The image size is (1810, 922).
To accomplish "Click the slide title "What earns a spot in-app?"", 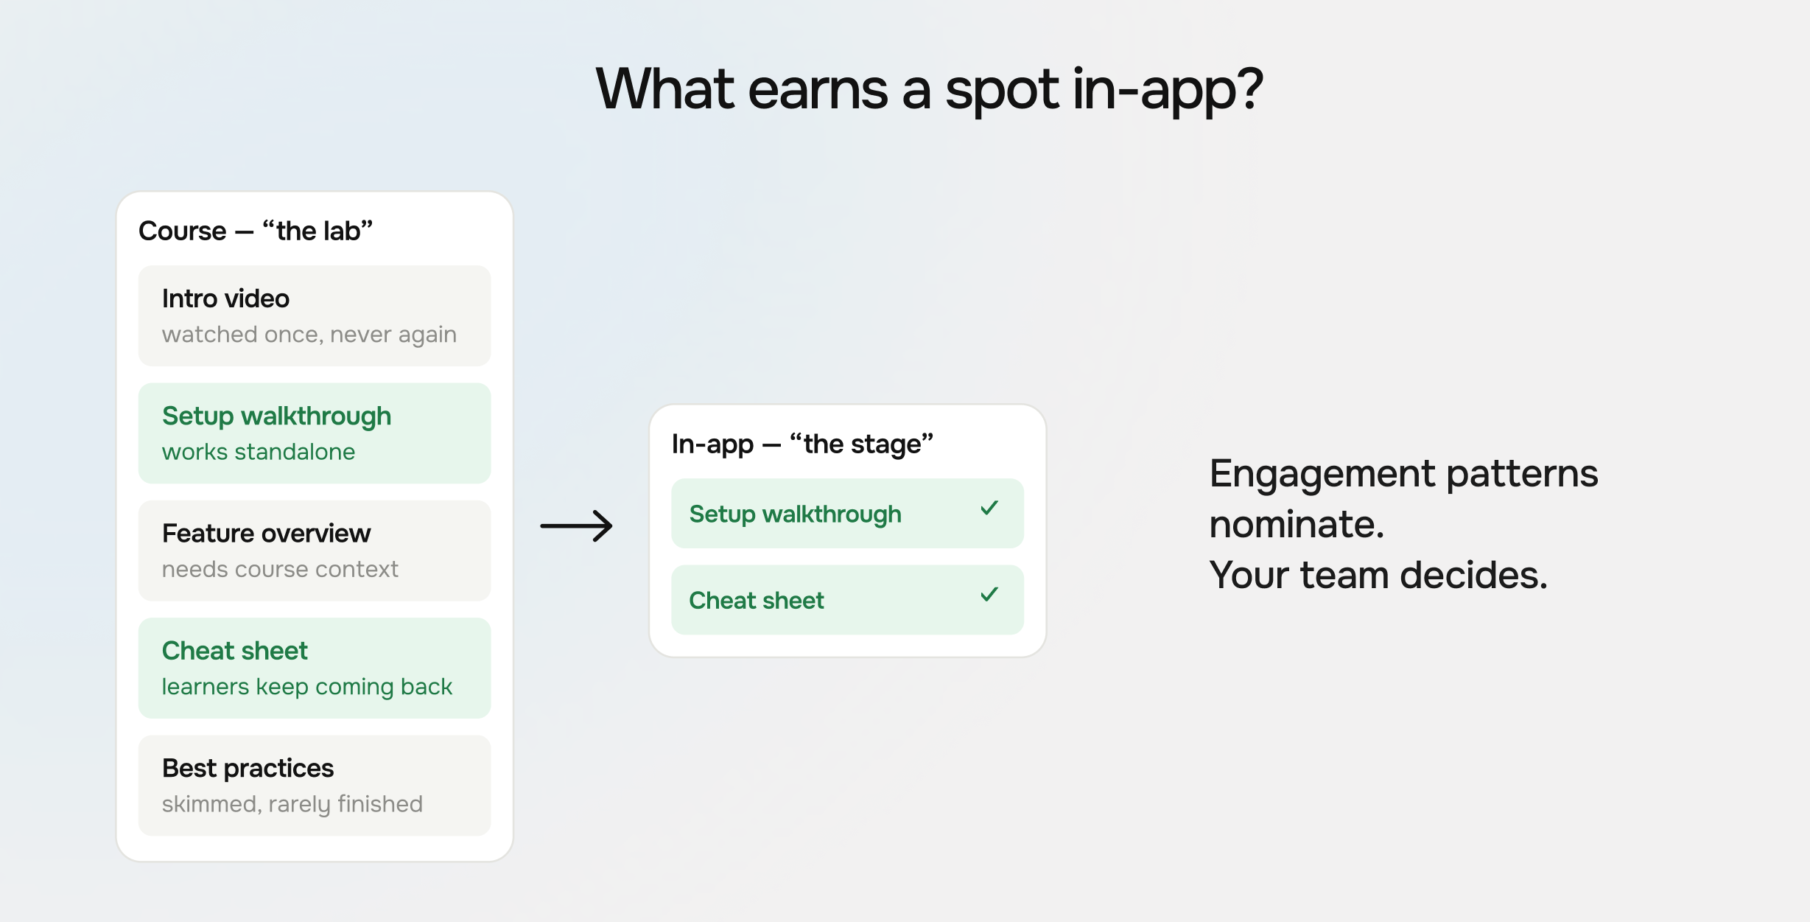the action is tap(929, 90).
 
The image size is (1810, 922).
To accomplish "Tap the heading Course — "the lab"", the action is tap(256, 231).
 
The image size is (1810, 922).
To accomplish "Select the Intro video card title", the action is tap(225, 298).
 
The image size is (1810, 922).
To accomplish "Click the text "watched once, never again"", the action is tap(309, 335).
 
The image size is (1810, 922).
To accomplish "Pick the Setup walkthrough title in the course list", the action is tap(276, 416).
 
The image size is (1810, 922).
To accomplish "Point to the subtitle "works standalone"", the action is tap(259, 451).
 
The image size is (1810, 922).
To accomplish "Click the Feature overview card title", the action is tap(266, 533).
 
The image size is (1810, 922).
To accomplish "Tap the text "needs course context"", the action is tap(280, 569).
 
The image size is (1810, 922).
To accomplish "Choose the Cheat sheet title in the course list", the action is tap(235, 650).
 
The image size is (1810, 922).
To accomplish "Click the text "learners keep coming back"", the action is tap(307, 686).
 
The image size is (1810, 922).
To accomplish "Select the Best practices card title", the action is tap(248, 768).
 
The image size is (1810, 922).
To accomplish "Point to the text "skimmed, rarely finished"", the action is tap(292, 803).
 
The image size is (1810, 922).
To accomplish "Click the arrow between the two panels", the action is tap(576, 526).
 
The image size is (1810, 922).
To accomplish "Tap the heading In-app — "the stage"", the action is tap(802, 444).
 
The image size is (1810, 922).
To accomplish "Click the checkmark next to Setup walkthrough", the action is tap(989, 508).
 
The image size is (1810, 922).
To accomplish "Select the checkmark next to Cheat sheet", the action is tap(989, 594).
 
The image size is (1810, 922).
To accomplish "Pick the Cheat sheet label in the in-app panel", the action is tap(757, 600).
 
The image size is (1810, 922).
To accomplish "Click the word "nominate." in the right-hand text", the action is tap(1297, 524).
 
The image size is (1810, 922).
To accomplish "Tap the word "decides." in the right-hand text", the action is tap(1474, 575).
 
